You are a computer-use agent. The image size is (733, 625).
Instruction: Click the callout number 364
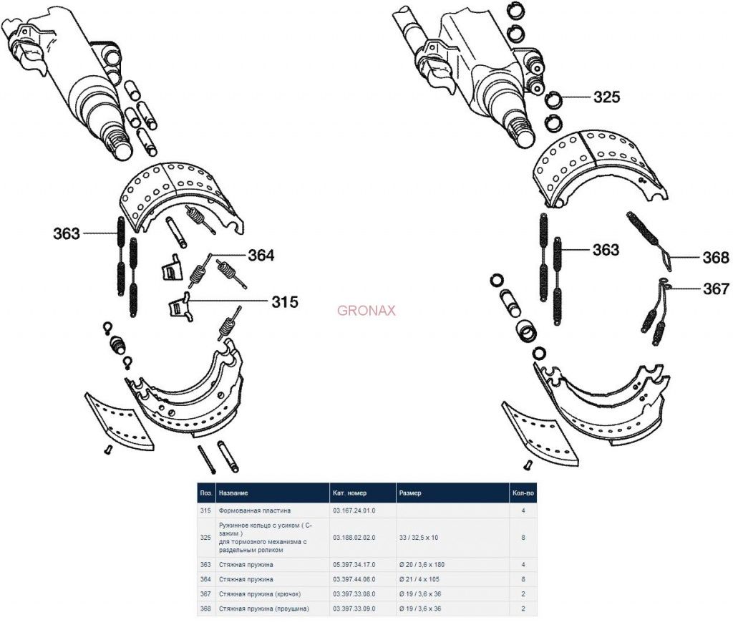click(x=261, y=256)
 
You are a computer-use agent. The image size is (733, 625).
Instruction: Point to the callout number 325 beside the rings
click(x=606, y=97)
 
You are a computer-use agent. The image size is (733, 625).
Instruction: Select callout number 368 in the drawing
click(x=715, y=258)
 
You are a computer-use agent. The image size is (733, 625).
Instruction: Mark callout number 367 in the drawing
click(x=715, y=289)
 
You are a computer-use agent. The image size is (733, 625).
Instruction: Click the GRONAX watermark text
click(x=366, y=311)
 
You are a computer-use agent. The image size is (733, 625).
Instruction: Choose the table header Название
click(x=234, y=493)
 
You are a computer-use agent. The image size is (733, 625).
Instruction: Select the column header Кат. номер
click(x=350, y=493)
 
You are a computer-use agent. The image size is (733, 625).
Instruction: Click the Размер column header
click(x=411, y=493)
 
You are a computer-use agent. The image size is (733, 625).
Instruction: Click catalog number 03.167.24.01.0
click(x=354, y=510)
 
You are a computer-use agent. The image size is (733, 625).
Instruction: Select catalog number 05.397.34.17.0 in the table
click(x=354, y=565)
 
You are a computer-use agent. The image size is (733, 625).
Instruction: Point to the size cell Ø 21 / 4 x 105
click(x=423, y=579)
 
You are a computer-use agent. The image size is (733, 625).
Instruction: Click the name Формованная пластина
click(x=256, y=510)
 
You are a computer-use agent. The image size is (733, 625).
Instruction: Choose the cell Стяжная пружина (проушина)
click(x=264, y=609)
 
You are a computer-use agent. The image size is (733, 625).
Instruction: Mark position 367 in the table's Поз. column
click(x=205, y=594)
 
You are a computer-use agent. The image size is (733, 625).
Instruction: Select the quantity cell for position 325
click(x=525, y=536)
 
